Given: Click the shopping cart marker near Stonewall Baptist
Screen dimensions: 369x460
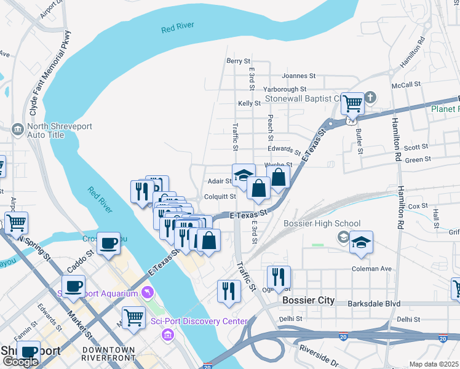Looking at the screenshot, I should [x=352, y=103].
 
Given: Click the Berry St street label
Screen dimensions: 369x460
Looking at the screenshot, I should [x=239, y=61].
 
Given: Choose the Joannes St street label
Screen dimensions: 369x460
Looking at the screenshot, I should [x=298, y=76].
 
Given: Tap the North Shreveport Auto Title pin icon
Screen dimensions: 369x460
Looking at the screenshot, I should [x=17, y=129].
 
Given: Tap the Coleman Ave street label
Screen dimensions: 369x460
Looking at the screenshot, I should [x=371, y=268].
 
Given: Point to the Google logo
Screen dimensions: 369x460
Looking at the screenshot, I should [x=20, y=362].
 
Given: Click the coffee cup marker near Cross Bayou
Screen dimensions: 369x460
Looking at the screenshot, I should [x=109, y=244].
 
